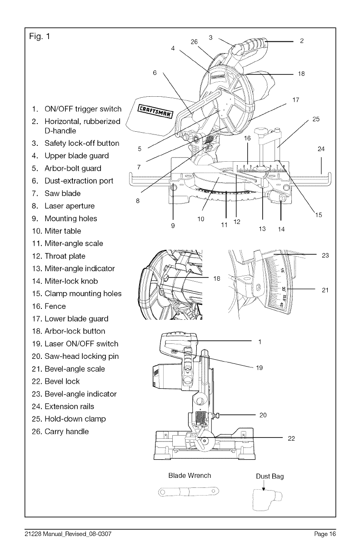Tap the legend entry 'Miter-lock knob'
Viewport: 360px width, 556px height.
coord(71,281)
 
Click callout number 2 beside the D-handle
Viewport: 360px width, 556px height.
coord(302,41)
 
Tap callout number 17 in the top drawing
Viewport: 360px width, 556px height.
coord(295,100)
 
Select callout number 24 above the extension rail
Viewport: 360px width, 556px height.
coord(321,149)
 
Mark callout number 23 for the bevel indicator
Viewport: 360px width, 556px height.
coord(325,255)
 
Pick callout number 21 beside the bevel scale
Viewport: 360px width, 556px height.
coord(325,290)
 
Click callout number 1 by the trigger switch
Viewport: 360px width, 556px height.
coord(259,342)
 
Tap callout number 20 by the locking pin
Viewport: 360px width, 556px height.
coord(263,415)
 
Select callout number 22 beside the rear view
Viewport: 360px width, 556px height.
coord(291,438)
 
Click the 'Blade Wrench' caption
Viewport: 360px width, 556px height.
coord(190,476)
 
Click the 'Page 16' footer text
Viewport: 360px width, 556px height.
coord(325,534)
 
